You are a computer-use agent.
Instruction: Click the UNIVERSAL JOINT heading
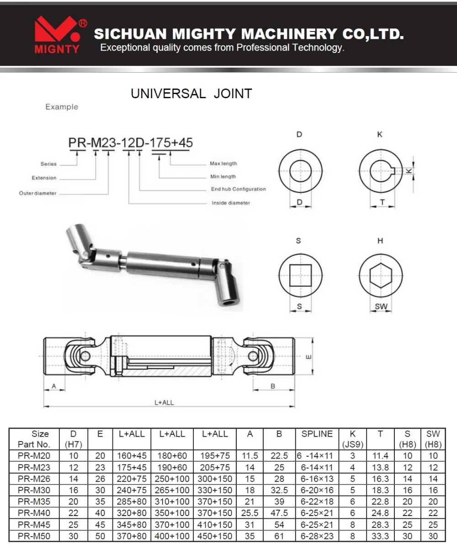coord(191,94)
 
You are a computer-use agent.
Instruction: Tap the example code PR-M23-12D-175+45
coord(131,142)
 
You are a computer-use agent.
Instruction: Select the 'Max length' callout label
coord(223,163)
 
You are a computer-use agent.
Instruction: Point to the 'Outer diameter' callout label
coord(37,193)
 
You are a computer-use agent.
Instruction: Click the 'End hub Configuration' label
coord(238,189)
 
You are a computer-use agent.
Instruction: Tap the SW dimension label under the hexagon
coord(381,306)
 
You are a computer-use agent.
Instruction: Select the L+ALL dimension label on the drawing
coord(164,403)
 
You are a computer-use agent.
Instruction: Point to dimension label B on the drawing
coord(273,386)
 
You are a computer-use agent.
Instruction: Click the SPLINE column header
coord(317,434)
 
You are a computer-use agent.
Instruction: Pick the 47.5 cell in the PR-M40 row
coord(279,513)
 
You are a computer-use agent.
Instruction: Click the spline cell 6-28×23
coord(317,536)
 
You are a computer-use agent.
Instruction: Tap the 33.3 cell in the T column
coord(380,536)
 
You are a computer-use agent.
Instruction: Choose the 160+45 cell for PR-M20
coord(132,456)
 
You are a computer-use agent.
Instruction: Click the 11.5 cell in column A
coord(250,456)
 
